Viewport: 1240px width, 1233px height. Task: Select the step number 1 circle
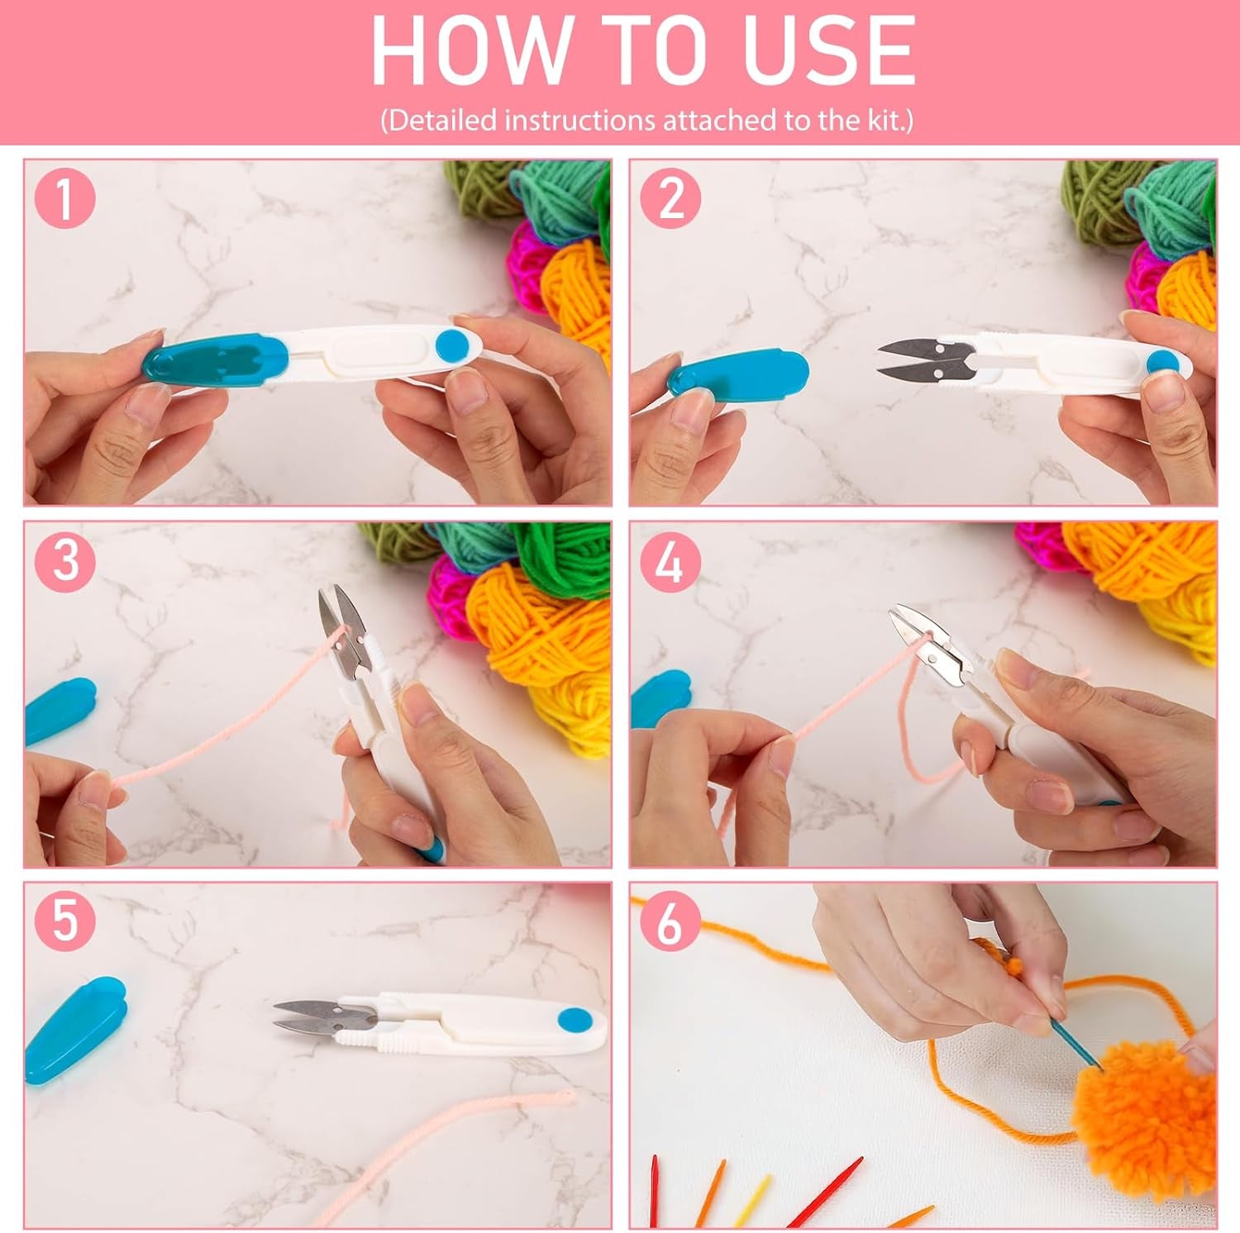point(64,199)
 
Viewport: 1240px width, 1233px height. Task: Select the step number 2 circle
point(670,199)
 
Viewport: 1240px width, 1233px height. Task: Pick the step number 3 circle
point(64,560)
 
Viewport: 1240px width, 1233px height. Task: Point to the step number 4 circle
point(670,562)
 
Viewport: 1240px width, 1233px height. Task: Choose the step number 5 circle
point(64,921)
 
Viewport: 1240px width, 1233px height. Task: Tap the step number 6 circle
point(670,922)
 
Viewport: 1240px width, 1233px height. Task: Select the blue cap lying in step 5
point(74,1024)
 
